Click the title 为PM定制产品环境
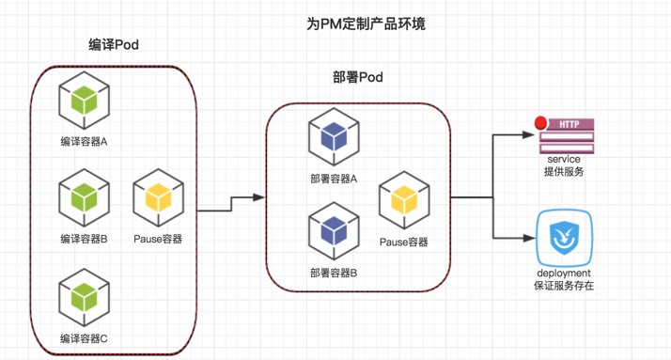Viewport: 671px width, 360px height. tap(366, 23)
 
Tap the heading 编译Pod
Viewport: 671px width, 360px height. tap(114, 44)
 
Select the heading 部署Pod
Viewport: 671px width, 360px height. tap(358, 77)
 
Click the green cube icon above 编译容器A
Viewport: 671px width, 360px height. tap(85, 101)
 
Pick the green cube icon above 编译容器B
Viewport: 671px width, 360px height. tap(85, 197)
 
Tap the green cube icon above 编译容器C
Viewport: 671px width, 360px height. tap(85, 298)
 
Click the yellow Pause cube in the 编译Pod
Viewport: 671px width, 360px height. tap(158, 197)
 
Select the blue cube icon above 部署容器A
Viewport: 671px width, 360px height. tap(334, 137)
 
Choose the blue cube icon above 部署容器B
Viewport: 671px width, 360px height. tap(334, 231)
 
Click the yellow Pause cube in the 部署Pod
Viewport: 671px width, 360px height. tap(404, 200)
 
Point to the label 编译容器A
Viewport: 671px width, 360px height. tap(84, 141)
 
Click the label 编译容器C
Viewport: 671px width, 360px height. tap(84, 338)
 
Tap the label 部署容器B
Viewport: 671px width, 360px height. tap(334, 273)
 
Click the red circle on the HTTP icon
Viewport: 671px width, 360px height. tap(541, 123)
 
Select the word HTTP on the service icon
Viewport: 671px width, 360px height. tap(570, 124)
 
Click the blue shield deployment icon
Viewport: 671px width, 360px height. tap(565, 238)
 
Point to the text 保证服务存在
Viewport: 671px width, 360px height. tap(564, 286)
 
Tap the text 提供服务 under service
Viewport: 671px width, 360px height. tap(564, 172)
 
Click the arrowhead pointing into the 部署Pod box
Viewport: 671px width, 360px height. tap(259, 197)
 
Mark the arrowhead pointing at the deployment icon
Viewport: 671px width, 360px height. tap(529, 238)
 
